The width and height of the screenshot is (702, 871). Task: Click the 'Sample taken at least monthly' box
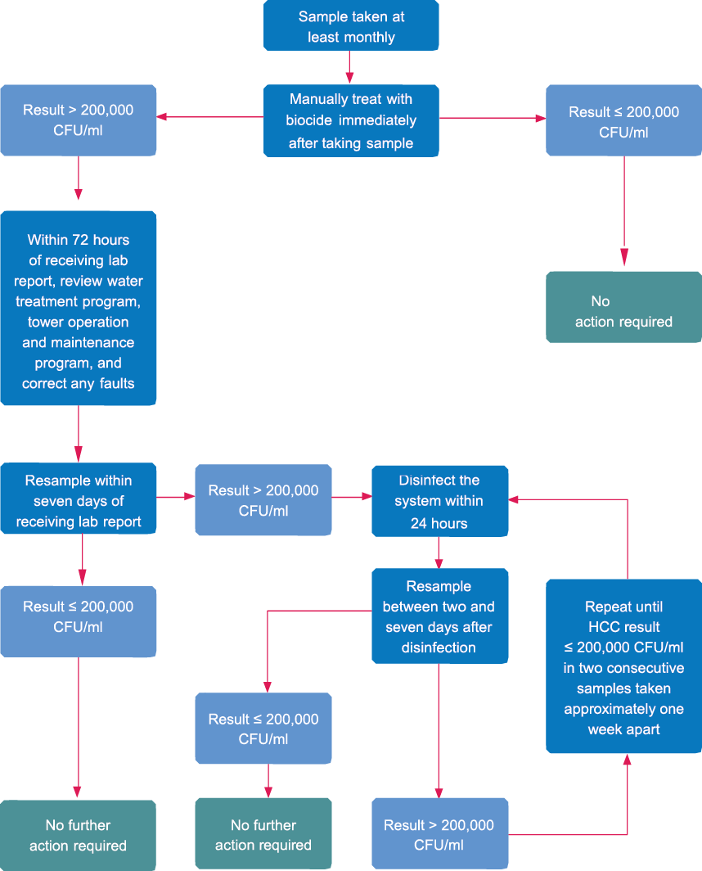(350, 26)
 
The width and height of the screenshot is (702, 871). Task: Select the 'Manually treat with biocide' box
(350, 120)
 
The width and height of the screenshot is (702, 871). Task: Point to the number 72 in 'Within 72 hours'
(80, 240)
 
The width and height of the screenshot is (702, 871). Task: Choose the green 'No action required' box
(623, 311)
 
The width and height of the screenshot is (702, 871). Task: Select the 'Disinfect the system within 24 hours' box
(439, 501)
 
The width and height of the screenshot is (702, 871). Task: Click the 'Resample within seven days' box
(79, 500)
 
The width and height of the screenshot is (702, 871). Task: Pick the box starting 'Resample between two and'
(439, 616)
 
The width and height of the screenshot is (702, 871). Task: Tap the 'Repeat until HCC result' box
(623, 667)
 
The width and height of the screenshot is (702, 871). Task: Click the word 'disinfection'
(439, 648)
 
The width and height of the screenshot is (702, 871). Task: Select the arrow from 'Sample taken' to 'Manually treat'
(350, 66)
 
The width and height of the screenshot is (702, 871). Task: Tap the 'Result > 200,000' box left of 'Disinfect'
(263, 500)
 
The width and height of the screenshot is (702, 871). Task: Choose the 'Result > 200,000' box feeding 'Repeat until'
(439, 834)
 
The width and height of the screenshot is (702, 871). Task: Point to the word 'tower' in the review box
(46, 322)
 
